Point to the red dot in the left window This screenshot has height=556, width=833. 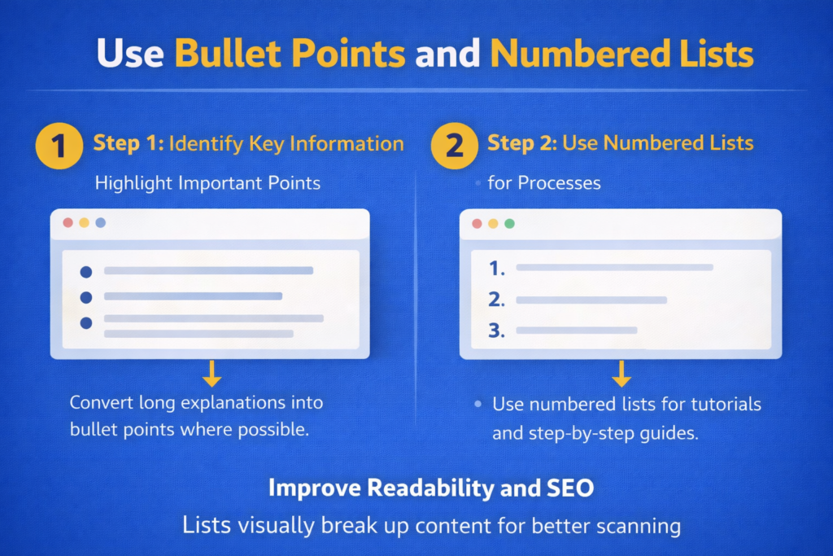click(68, 222)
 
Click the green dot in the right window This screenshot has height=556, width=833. click(509, 223)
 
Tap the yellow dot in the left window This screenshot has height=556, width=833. click(84, 222)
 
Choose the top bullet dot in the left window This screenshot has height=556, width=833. click(86, 272)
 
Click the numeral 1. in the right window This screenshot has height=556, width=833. click(497, 268)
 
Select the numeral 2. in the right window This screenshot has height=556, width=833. click(497, 300)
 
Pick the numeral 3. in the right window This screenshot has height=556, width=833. click(497, 331)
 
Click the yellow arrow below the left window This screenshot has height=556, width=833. click(212, 373)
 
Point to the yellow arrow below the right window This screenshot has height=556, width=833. click(621, 373)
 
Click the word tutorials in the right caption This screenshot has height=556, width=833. click(721, 404)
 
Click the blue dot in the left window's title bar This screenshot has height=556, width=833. click(100, 222)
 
